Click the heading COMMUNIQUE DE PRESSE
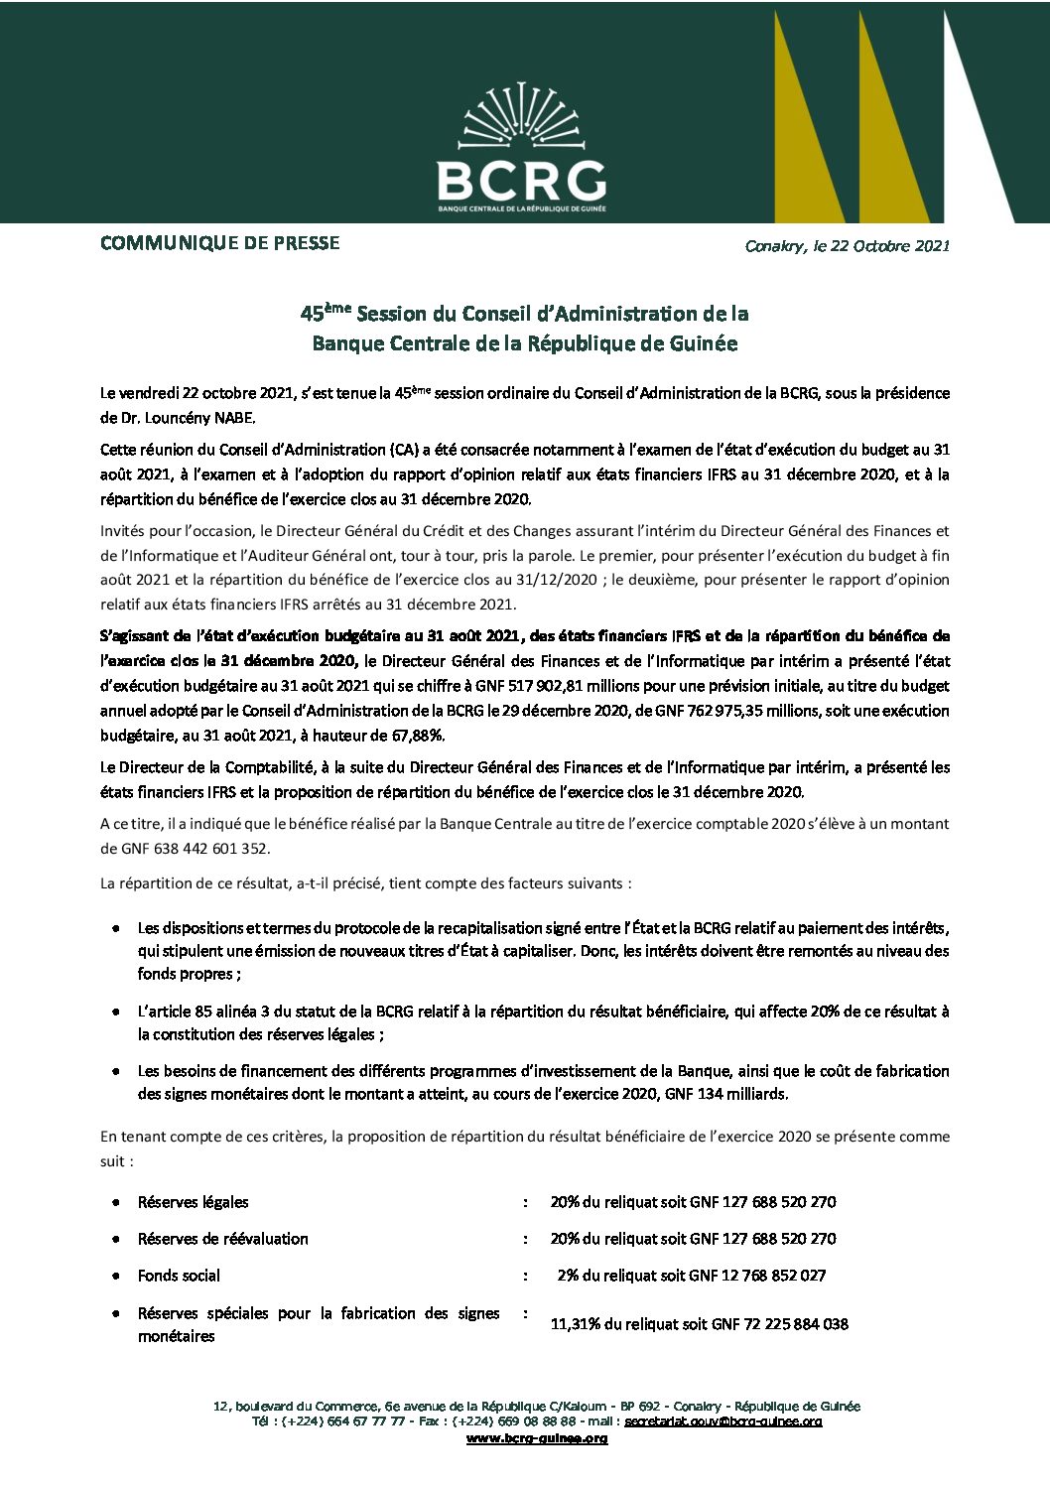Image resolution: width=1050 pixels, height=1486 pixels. tap(219, 243)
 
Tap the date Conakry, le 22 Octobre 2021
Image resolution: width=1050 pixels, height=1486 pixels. tap(847, 246)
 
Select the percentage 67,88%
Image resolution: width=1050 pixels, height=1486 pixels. tap(421, 736)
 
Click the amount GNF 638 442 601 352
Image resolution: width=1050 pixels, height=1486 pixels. tap(185, 848)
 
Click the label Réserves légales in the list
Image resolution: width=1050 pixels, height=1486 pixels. tap(193, 1202)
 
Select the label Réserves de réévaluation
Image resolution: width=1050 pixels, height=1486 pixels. tap(222, 1239)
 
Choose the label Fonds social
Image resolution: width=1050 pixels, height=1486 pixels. tap(179, 1276)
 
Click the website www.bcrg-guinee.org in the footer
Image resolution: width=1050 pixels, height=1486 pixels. tap(537, 1438)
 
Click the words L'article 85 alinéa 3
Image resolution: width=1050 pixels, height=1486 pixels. tap(203, 1012)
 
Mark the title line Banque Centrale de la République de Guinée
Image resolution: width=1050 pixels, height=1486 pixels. tap(525, 343)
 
